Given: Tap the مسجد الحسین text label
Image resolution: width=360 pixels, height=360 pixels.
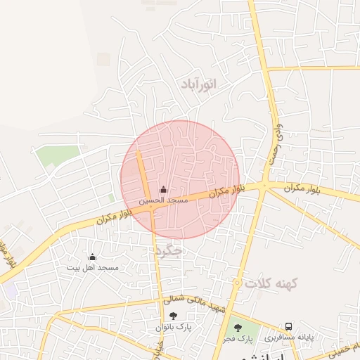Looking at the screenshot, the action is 163,200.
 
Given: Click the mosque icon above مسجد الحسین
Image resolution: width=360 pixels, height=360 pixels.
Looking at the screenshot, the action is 164,189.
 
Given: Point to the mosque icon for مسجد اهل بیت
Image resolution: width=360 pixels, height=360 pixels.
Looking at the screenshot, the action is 92,257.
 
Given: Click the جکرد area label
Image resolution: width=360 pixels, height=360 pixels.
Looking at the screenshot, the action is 170,250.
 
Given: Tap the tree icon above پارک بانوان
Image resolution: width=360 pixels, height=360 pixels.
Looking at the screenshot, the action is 174,316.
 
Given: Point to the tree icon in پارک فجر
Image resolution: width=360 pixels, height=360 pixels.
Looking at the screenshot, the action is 237,327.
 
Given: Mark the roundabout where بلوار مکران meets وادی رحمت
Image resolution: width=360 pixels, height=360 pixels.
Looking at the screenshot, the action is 264,186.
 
